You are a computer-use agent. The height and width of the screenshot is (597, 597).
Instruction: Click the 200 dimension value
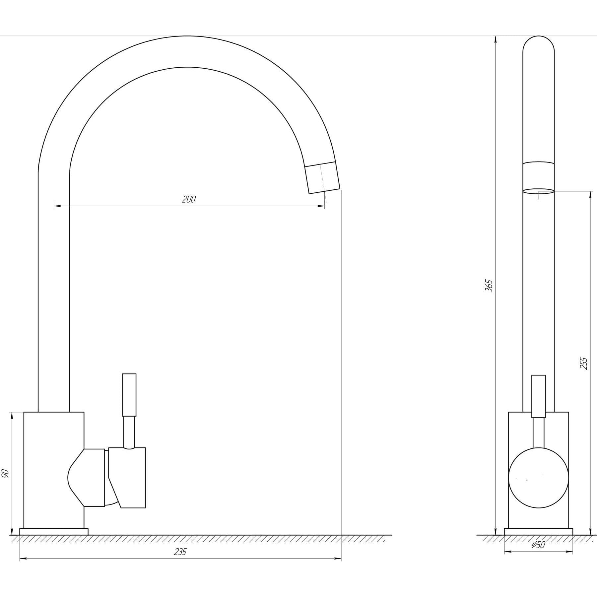click(x=189, y=199)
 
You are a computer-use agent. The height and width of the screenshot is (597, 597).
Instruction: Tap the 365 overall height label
click(x=489, y=286)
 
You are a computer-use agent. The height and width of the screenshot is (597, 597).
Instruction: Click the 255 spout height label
click(x=584, y=364)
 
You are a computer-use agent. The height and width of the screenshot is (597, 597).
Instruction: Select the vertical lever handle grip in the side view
click(x=129, y=395)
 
